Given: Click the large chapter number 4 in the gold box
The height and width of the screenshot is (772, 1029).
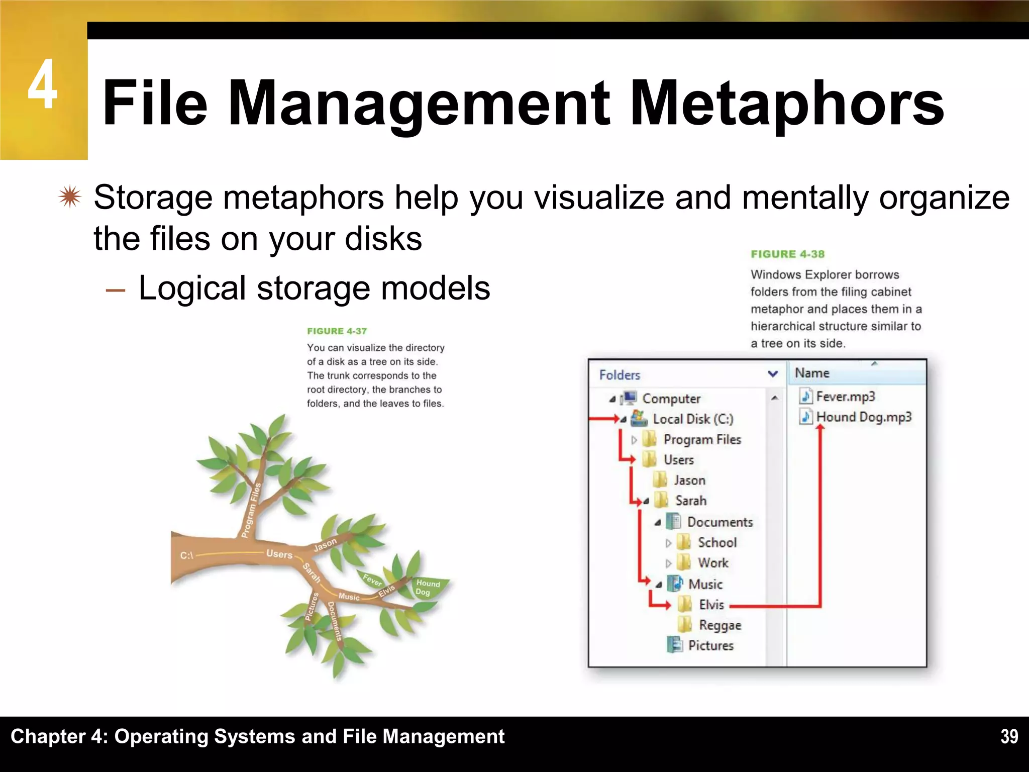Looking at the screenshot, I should tap(42, 84).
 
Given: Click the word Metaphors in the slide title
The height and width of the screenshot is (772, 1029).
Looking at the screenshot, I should tap(786, 103).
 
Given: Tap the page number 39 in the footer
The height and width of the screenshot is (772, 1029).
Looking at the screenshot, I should tap(1009, 736).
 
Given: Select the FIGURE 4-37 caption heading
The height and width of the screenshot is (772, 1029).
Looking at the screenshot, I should tap(337, 331).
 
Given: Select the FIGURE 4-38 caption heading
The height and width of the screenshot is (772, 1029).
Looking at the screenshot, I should tap(787, 254).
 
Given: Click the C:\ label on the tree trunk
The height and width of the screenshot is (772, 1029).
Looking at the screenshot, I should tap(186, 555).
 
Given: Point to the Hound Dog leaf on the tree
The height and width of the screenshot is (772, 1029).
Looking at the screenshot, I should tap(428, 588).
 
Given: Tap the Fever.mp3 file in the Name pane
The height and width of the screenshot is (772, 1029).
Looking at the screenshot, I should tap(845, 397).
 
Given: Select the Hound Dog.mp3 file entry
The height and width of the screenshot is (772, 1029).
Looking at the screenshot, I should tap(863, 417).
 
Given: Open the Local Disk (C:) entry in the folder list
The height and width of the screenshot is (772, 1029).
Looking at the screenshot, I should tap(692, 419).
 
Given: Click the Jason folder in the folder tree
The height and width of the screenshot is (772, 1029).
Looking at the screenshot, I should tap(689, 480).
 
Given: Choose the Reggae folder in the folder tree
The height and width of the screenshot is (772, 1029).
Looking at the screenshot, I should tap(719, 625).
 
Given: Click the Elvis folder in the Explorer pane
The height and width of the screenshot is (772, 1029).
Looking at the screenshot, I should tap(711, 605).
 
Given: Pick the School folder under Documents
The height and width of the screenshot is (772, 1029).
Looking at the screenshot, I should tap(717, 542).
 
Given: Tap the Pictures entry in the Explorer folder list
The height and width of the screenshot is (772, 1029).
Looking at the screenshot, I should tap(710, 645).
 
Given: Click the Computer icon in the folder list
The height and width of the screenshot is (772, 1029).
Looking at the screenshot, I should tap(629, 398).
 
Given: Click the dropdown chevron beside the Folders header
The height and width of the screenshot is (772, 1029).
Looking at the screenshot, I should tap(773, 374).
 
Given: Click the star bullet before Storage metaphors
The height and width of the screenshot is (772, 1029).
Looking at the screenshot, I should tap(69, 198).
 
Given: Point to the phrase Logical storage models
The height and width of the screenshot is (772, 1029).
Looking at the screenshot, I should tap(314, 288).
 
